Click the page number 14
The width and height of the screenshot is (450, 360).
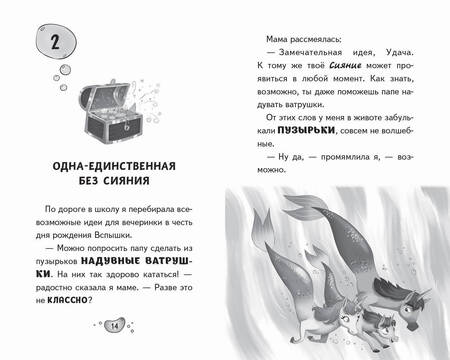113,326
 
